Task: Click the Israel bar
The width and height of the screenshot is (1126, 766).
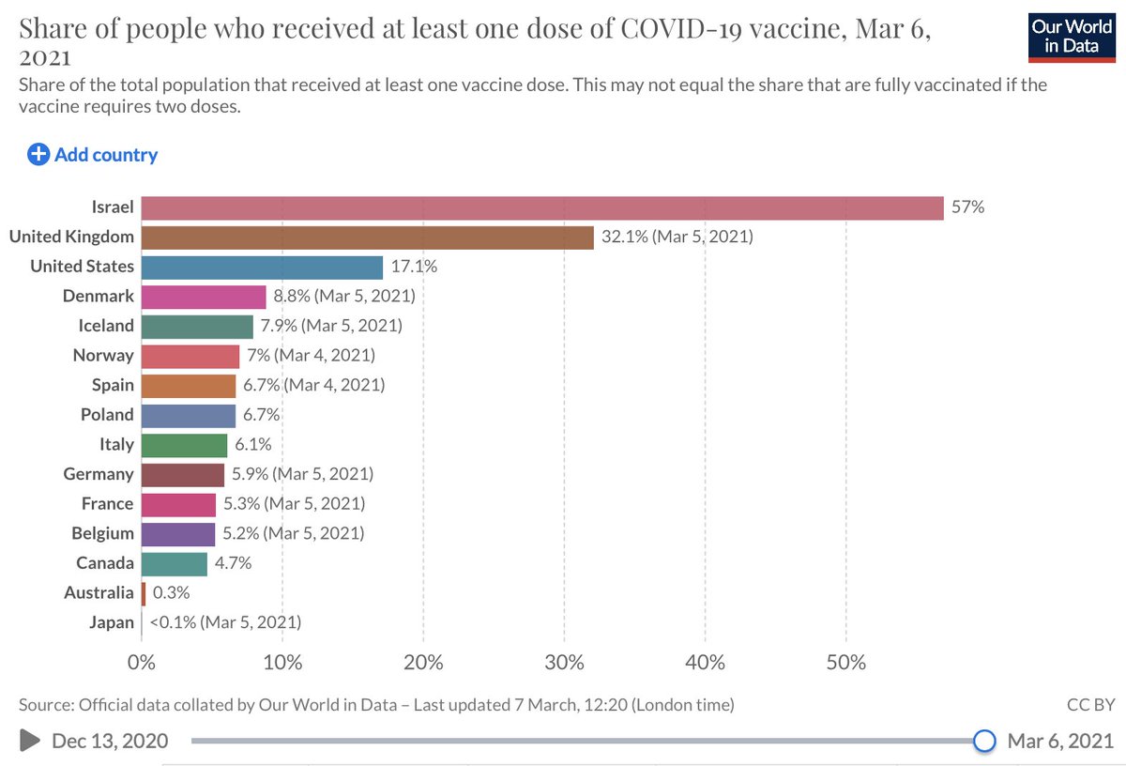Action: [542, 207]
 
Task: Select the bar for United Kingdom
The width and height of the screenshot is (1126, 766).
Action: [368, 237]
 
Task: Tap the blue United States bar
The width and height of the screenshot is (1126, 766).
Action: [262, 267]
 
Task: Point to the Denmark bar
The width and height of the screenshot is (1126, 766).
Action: [204, 296]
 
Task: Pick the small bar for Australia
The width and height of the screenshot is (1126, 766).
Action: [144, 592]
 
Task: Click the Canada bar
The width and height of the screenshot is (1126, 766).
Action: [174, 563]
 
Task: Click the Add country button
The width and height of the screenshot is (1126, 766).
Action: [93, 155]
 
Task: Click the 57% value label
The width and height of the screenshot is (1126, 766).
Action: [967, 207]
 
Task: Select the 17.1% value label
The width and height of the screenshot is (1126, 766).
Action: [414, 267]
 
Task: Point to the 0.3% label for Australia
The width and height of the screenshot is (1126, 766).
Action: [171, 592]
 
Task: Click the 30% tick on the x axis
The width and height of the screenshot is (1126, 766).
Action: [564, 663]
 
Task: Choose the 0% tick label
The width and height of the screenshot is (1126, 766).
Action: [142, 663]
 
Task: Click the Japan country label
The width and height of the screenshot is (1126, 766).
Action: [112, 622]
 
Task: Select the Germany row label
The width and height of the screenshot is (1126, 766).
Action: [99, 474]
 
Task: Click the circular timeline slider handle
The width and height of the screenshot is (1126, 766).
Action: [983, 741]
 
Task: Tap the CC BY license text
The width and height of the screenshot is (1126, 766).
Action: [1089, 704]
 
